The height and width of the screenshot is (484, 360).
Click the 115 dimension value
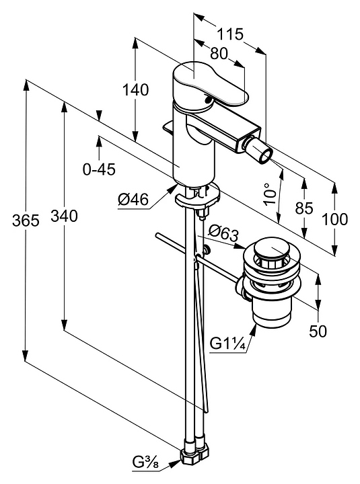(231, 34)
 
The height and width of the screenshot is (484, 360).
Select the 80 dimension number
(219, 53)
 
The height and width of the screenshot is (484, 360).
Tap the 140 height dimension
(136, 90)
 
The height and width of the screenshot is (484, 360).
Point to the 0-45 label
(99, 169)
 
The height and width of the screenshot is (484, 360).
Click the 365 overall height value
(26, 220)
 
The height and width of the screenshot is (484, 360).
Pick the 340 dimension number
(64, 216)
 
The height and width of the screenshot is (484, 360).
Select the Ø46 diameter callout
(133, 200)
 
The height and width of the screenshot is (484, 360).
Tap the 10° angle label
(270, 194)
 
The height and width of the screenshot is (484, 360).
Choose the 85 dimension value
(304, 208)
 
